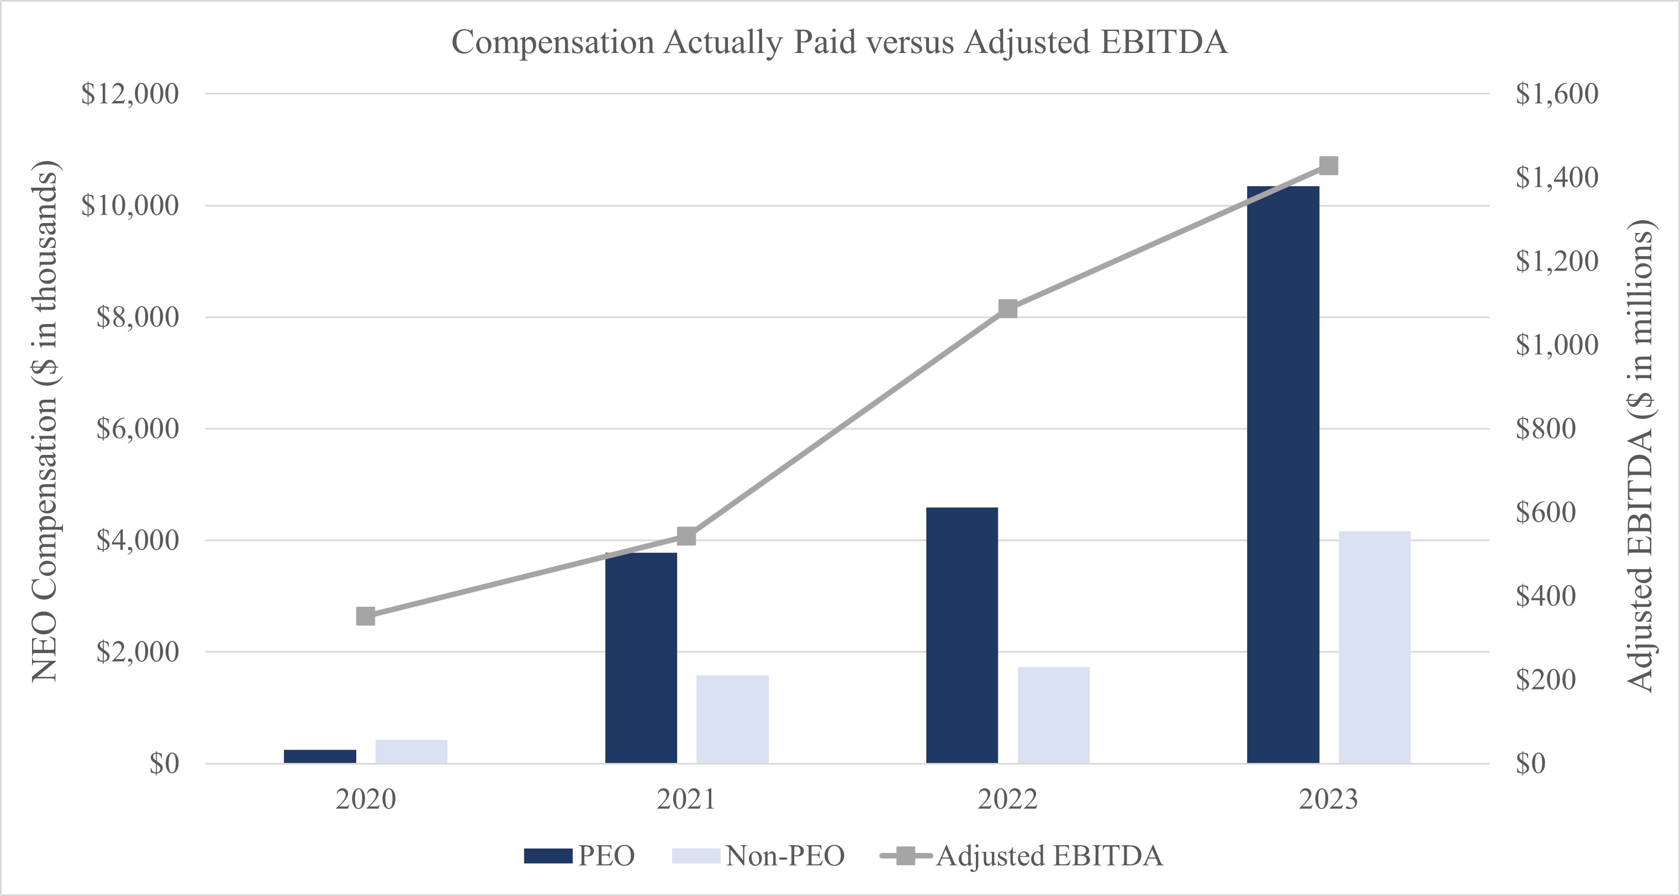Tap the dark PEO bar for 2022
click(x=961, y=635)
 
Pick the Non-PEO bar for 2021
click(x=732, y=719)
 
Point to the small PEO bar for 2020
click(x=320, y=756)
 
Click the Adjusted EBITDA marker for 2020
click(x=366, y=616)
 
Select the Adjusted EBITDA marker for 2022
click(x=1007, y=309)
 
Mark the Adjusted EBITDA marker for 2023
click(x=1328, y=166)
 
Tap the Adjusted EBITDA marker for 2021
click(x=686, y=536)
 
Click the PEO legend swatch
click(x=548, y=856)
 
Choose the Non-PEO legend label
click(x=785, y=856)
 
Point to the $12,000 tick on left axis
click(x=130, y=94)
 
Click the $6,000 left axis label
click(x=137, y=429)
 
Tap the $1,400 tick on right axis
click(x=1556, y=177)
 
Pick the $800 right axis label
click(x=1546, y=428)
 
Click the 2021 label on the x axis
click(x=686, y=799)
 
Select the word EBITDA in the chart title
click(x=1164, y=43)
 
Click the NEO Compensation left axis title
click(x=44, y=421)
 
